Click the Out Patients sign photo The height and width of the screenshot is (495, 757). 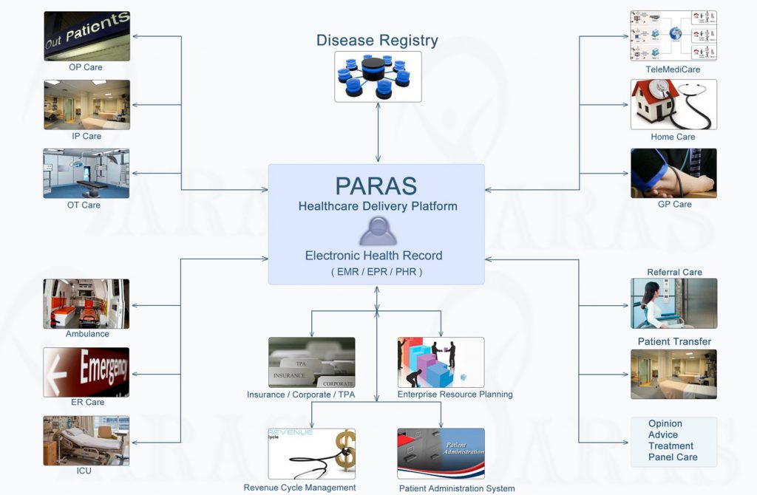point(86,35)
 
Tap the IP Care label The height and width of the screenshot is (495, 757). point(86,136)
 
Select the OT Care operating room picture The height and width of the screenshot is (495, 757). point(86,173)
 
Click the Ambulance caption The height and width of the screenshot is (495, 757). point(87,334)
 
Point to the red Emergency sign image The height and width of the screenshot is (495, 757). point(86,372)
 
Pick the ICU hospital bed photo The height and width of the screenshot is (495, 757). point(86,440)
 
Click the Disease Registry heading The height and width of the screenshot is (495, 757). point(377,40)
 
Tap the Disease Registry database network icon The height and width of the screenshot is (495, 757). point(378,76)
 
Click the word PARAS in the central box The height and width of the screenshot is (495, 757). point(376,185)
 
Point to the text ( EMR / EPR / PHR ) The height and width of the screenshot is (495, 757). point(377,272)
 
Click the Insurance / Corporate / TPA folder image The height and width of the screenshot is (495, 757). point(311,362)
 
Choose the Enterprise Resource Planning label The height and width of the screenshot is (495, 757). point(455,395)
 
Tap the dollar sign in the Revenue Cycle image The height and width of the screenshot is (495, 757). point(344,452)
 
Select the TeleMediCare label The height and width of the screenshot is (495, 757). point(673,69)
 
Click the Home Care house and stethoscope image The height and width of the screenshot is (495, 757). point(673,104)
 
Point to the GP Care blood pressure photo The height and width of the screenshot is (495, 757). point(673,173)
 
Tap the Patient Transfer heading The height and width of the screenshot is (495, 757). point(674,341)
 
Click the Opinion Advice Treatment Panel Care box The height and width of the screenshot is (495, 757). point(673,441)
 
